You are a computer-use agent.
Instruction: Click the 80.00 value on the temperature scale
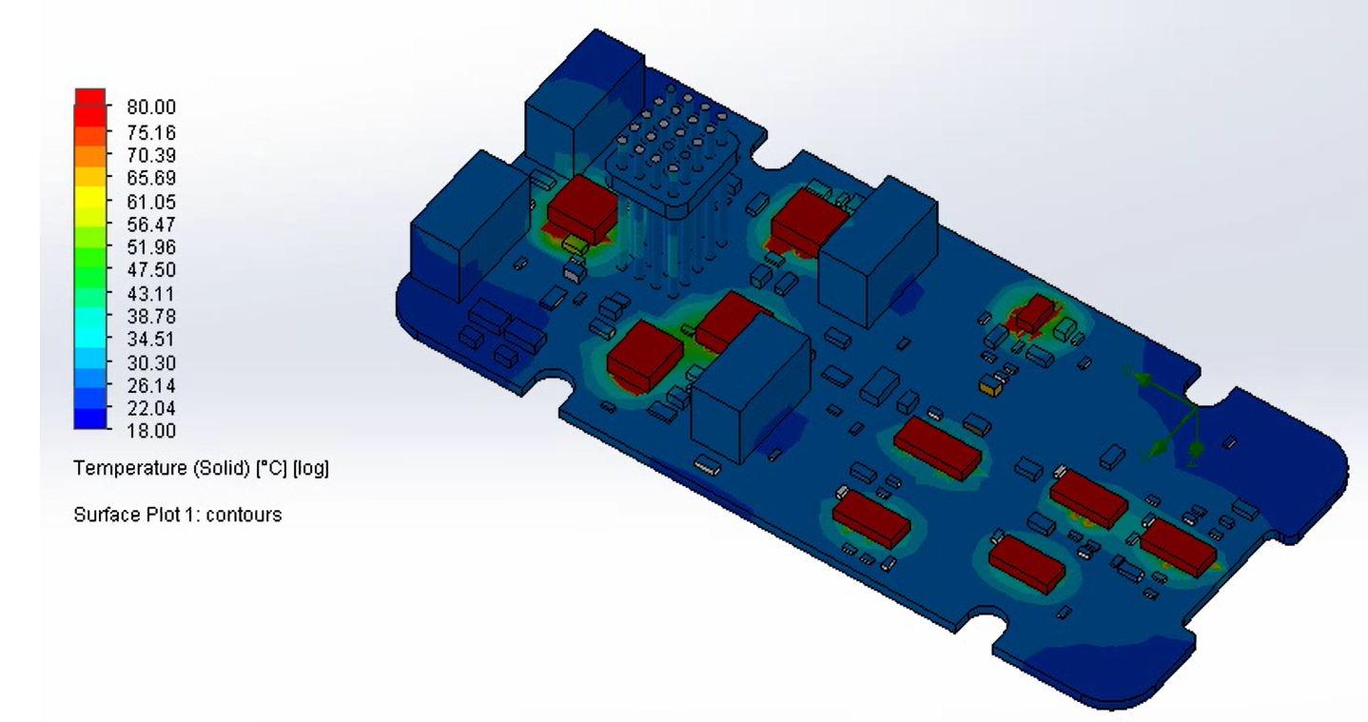click(x=151, y=107)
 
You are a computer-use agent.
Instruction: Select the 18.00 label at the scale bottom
click(x=151, y=431)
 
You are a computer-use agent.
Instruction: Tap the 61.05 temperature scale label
click(x=151, y=202)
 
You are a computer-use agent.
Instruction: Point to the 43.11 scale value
click(x=151, y=294)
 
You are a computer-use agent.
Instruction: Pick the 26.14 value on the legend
click(x=151, y=385)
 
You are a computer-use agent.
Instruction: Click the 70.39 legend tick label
click(x=151, y=155)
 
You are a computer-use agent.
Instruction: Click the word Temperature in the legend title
click(x=130, y=469)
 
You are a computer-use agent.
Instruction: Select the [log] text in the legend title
click(x=311, y=469)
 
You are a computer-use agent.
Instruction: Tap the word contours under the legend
click(x=244, y=515)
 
